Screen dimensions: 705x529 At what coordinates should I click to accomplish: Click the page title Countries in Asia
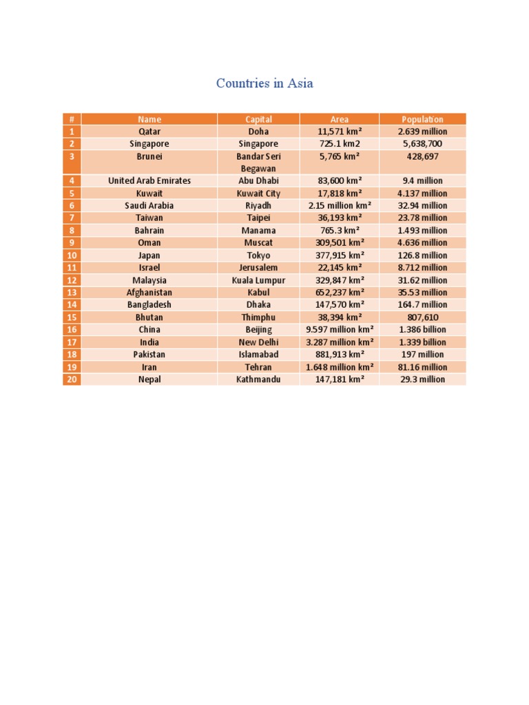[264, 83]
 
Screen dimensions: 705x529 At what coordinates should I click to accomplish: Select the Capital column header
[258, 119]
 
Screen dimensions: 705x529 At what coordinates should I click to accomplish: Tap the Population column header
[422, 119]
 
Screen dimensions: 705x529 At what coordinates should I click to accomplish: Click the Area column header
[340, 119]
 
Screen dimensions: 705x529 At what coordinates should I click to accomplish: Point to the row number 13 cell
[72, 293]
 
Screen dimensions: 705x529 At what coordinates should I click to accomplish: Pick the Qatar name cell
[149, 131]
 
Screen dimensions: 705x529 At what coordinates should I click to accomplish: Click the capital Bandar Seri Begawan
[258, 162]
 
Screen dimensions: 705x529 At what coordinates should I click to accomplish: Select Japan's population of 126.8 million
[422, 255]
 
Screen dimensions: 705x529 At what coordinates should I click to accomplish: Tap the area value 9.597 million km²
[340, 330]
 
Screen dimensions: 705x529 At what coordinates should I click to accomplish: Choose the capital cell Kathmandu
[258, 379]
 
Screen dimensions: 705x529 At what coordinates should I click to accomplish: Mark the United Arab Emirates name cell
[149, 181]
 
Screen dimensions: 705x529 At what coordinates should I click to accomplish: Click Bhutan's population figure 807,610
[422, 317]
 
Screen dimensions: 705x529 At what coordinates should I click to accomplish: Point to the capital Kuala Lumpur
[258, 280]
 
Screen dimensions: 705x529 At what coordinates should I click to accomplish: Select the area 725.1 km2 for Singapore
[340, 144]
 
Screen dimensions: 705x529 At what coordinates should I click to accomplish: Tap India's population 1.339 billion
[422, 342]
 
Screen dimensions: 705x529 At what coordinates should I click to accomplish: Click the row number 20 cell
[72, 379]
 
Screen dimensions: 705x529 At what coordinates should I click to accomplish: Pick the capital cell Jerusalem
[258, 268]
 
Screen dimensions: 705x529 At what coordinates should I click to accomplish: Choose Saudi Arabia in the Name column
[149, 206]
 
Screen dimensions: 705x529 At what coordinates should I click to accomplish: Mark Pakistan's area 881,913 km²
[340, 355]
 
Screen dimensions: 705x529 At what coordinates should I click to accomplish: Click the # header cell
[72, 119]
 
